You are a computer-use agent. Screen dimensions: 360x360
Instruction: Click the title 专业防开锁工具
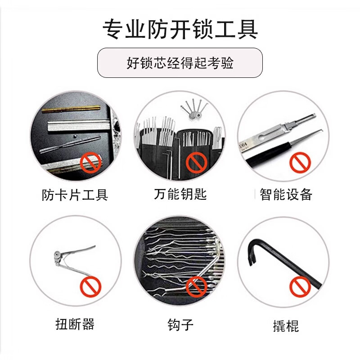[180, 29]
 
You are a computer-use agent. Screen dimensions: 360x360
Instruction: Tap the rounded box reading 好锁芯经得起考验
[180, 63]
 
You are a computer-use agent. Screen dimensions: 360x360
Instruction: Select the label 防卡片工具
[75, 195]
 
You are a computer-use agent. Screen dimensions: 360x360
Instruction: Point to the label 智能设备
[286, 194]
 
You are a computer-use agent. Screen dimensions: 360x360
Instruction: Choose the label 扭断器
[75, 324]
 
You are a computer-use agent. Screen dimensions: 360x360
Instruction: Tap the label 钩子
[180, 324]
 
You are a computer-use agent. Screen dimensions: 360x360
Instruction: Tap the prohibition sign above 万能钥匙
[196, 162]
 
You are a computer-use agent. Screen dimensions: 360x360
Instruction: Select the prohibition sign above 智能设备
[299, 162]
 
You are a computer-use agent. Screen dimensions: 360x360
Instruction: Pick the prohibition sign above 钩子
[196, 287]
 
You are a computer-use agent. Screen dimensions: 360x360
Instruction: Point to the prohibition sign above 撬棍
[299, 287]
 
